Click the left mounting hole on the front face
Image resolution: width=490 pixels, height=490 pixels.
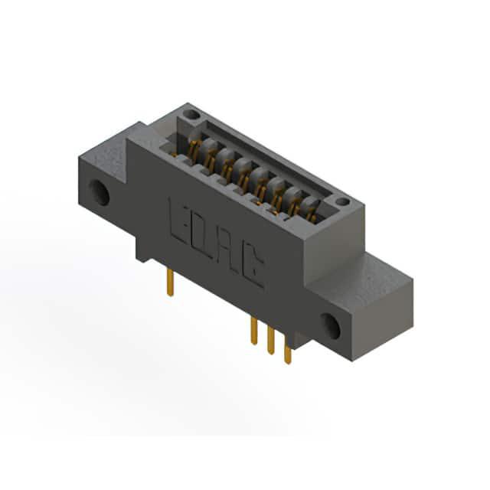99,192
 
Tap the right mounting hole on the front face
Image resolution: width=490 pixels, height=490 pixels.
330,326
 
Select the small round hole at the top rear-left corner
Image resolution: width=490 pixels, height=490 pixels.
191,114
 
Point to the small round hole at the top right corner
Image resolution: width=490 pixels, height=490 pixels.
342,201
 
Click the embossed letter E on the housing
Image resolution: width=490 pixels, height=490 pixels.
179,222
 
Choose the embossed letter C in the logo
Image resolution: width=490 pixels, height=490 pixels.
252,268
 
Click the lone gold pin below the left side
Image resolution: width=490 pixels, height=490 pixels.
170,283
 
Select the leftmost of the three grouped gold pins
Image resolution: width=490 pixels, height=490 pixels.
253,331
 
